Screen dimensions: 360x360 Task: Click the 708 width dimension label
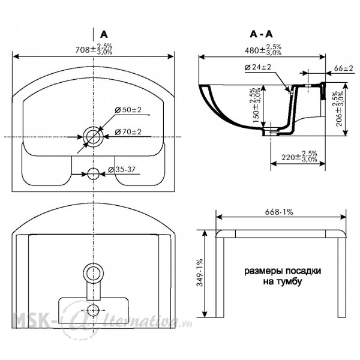coord(94,49)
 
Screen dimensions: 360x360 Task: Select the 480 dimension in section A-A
coord(263,50)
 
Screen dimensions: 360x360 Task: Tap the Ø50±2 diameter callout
coord(128,110)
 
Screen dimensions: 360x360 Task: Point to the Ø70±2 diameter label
coord(128,132)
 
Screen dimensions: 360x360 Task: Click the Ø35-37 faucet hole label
coord(122,170)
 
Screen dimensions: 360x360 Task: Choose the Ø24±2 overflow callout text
coord(258,67)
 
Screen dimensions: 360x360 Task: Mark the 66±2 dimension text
coord(343,68)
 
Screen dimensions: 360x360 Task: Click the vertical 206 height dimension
coord(340,109)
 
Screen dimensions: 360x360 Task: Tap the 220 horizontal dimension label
coord(299,157)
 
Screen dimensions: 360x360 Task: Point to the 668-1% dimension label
coord(279,212)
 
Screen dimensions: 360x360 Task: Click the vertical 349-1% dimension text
coord(200,272)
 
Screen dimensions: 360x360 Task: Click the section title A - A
coord(261,34)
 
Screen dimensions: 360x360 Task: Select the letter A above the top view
coord(104,34)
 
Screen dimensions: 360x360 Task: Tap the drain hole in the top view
coord(93,137)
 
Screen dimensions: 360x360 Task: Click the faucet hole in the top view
coord(93,174)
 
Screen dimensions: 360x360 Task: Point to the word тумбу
coord(290,282)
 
